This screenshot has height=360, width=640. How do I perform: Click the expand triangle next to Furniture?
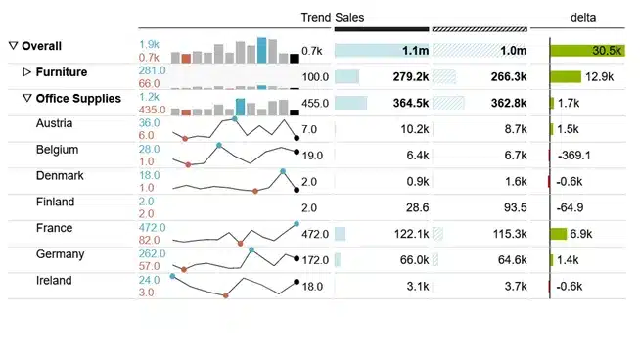(x=27, y=72)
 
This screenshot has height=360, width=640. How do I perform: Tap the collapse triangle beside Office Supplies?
(x=27, y=99)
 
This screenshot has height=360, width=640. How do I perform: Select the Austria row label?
(x=54, y=123)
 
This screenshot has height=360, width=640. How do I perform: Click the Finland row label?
(x=54, y=202)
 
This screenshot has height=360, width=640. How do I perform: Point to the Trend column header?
(x=315, y=17)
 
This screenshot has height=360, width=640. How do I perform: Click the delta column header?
(x=584, y=17)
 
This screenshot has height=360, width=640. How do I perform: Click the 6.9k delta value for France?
(x=581, y=234)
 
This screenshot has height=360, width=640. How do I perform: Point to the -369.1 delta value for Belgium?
(x=576, y=155)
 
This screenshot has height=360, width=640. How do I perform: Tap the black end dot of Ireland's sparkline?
(x=297, y=282)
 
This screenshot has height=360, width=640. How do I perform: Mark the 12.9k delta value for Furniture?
(x=598, y=76)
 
